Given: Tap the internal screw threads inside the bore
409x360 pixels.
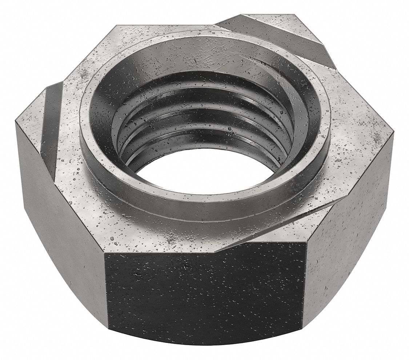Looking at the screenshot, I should tap(204, 120).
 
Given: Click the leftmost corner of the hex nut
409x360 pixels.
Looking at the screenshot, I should tap(16, 122).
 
